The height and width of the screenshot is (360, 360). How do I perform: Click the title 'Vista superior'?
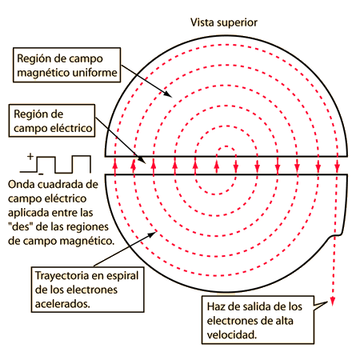224,23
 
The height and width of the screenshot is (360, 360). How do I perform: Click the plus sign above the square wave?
30,156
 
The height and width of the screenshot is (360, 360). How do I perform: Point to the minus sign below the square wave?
41,174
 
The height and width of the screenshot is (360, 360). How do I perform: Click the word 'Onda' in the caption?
22,184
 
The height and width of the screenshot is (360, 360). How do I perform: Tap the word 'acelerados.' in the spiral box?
62,304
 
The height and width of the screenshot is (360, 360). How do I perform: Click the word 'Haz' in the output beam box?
216,306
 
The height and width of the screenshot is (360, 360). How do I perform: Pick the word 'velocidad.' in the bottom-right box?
232,334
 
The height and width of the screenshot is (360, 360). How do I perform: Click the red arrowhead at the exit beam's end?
332,302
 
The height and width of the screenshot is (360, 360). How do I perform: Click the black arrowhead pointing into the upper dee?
168,94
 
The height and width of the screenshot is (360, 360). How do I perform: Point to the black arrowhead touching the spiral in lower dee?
152,234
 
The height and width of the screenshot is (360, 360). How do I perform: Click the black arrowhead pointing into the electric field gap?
142,161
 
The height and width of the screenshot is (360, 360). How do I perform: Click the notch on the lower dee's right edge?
336,234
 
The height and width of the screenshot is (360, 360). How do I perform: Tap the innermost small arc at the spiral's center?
226,146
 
